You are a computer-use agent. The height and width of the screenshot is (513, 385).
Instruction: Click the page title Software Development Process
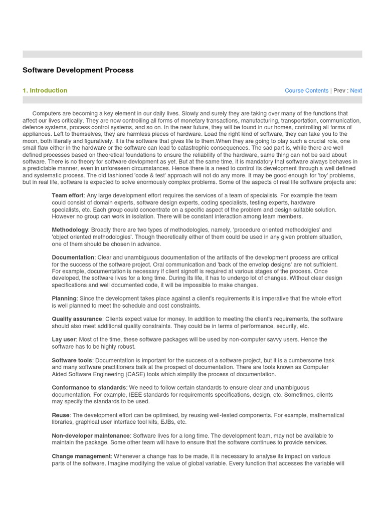[78, 70]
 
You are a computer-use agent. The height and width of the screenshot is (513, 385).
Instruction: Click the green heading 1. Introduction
[45, 91]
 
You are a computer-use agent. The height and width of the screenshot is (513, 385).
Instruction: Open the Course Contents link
[306, 91]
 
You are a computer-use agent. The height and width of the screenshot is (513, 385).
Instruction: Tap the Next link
[356, 91]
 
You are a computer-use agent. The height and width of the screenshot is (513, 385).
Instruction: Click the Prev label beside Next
[339, 91]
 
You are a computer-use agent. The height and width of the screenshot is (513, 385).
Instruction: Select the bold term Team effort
[67, 195]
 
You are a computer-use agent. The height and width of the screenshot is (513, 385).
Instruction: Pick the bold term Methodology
[70, 229]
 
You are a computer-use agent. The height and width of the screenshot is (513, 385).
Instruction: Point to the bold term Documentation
[73, 258]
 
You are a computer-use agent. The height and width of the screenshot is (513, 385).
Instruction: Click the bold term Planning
[64, 299]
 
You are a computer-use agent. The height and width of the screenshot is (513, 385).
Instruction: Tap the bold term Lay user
[63, 340]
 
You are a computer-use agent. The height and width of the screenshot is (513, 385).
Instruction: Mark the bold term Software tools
[72, 360]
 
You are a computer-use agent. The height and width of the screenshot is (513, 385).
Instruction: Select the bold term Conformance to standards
[89, 388]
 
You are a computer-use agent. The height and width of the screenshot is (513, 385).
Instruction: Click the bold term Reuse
[60, 415]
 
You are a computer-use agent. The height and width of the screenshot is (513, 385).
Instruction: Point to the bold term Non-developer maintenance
[91, 436]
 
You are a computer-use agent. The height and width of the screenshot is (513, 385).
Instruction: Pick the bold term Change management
[81, 456]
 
